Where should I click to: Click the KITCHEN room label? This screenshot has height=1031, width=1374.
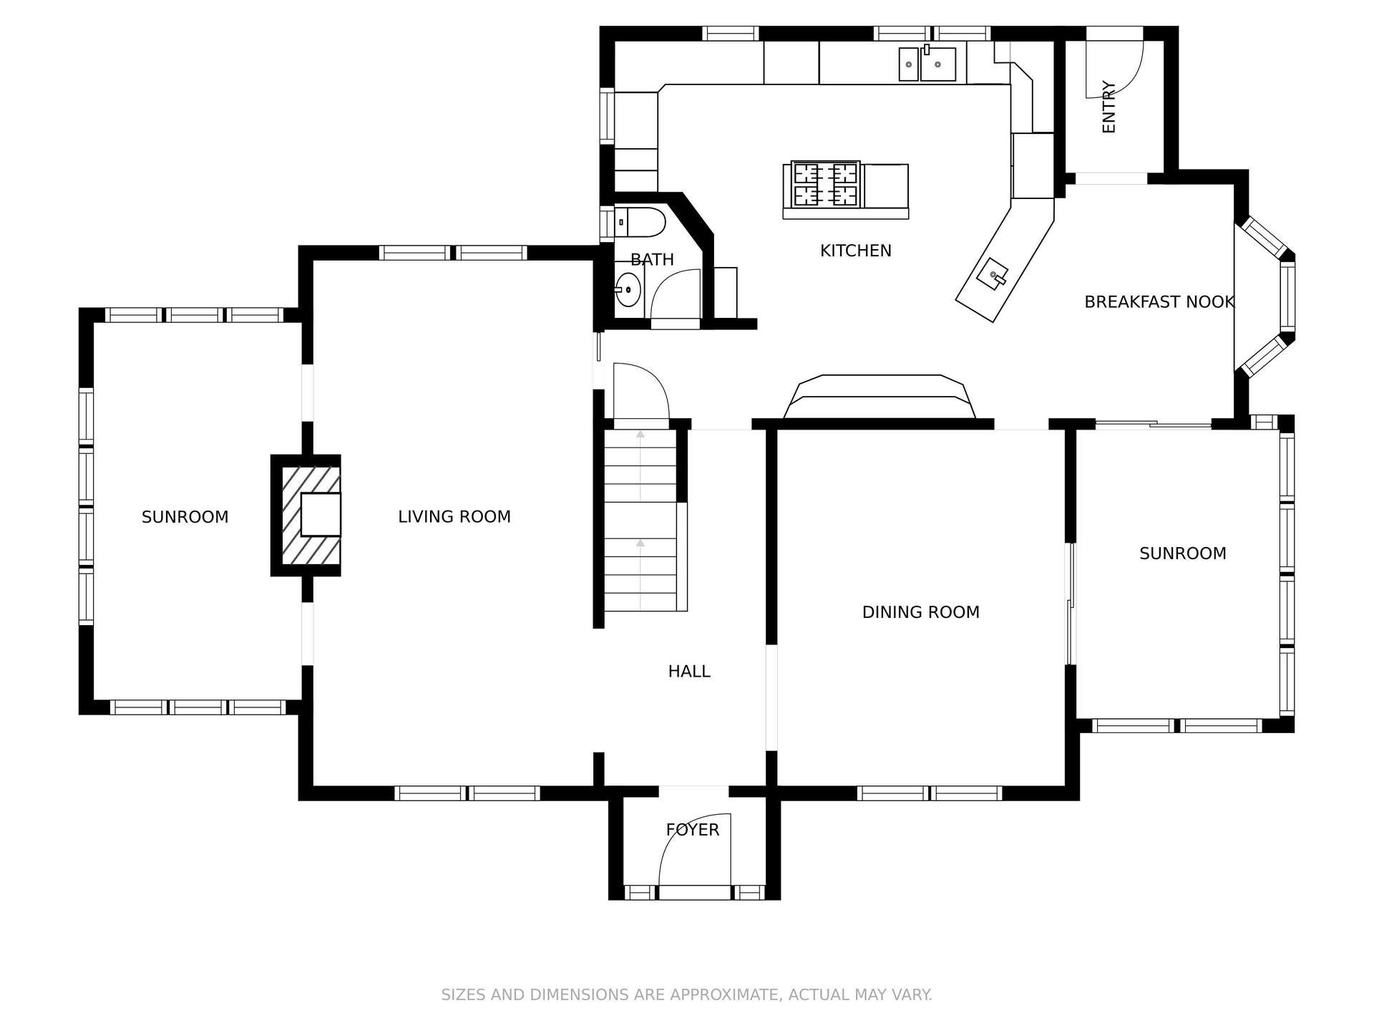[x=855, y=251]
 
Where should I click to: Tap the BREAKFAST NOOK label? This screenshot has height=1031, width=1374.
[x=1159, y=302]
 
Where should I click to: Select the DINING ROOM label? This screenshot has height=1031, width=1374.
[x=920, y=612]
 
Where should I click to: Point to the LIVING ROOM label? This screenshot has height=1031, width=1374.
[x=454, y=517]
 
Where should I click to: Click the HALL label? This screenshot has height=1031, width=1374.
[x=688, y=672]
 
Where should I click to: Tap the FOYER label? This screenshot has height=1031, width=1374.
[x=692, y=830]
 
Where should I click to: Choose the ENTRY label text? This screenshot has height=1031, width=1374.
[x=1109, y=107]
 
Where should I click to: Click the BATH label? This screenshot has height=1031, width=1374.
[x=652, y=260]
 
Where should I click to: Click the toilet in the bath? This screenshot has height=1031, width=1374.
[x=640, y=223]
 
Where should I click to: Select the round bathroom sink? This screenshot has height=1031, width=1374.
[x=628, y=290]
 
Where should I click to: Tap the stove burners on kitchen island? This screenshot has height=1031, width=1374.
[x=826, y=184]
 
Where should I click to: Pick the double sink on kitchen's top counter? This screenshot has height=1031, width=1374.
[x=927, y=64]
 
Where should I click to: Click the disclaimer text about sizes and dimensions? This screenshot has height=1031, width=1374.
[x=686, y=994]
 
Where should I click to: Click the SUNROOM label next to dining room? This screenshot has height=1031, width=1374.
[x=1182, y=553]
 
